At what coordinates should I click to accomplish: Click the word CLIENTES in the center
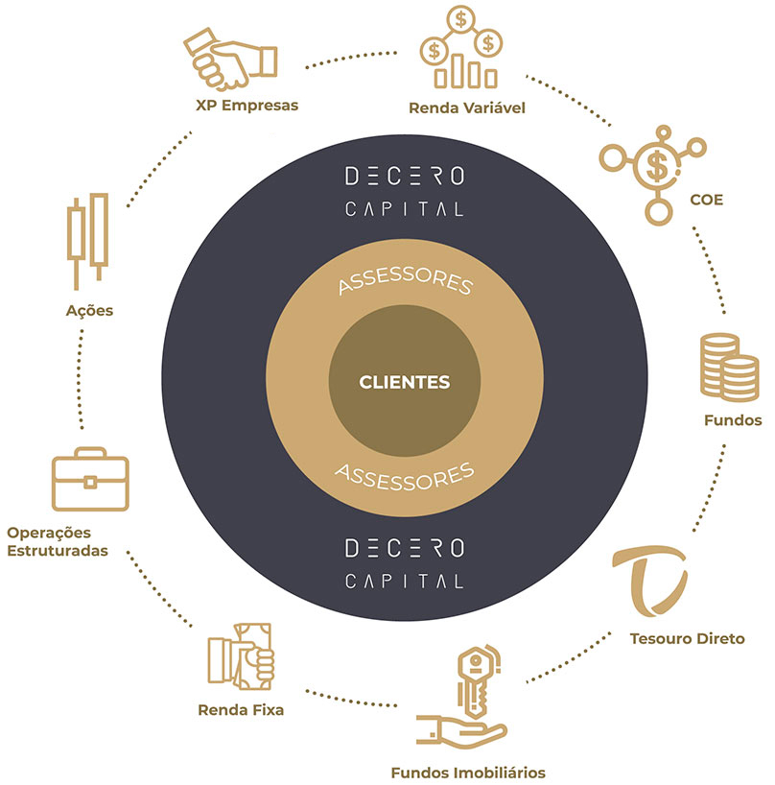coord(404,382)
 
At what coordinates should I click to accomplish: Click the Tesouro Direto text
coord(687,638)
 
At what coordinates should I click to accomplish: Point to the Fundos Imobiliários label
coord(469,771)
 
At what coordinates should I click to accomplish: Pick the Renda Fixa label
coord(241,711)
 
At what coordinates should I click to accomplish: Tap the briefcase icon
coord(89,480)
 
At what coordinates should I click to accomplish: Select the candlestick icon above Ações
coord(87,235)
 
